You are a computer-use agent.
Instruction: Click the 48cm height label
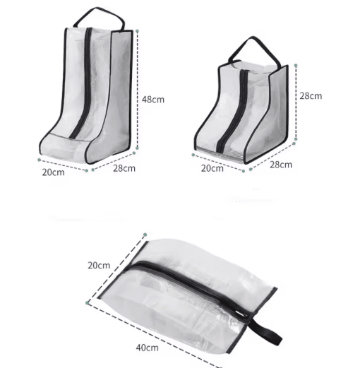153,100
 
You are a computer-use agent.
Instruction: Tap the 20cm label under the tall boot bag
53,172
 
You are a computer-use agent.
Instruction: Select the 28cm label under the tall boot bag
124,168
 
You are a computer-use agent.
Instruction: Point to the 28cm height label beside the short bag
311,96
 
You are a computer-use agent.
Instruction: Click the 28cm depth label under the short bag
281,165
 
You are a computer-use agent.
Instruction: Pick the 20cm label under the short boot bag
212,168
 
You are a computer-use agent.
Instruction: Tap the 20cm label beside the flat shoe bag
99,266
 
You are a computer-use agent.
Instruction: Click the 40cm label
148,348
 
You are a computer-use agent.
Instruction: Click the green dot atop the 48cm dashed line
137,31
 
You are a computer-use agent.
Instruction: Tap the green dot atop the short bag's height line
296,65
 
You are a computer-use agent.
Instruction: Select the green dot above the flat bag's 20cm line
145,235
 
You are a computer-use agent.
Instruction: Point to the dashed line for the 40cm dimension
155,336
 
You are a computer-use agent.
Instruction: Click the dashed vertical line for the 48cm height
138,89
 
